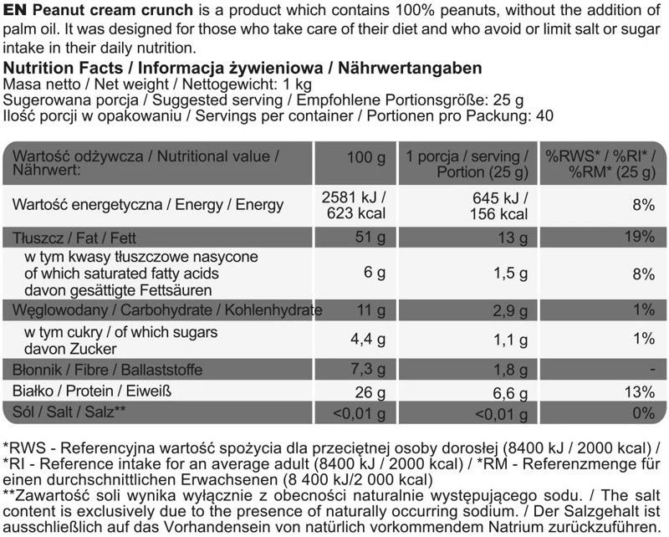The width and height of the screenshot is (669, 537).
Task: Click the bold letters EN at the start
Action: (13, 9)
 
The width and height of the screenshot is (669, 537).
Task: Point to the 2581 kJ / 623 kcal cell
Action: (355, 205)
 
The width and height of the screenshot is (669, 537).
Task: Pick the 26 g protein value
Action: (369, 391)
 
